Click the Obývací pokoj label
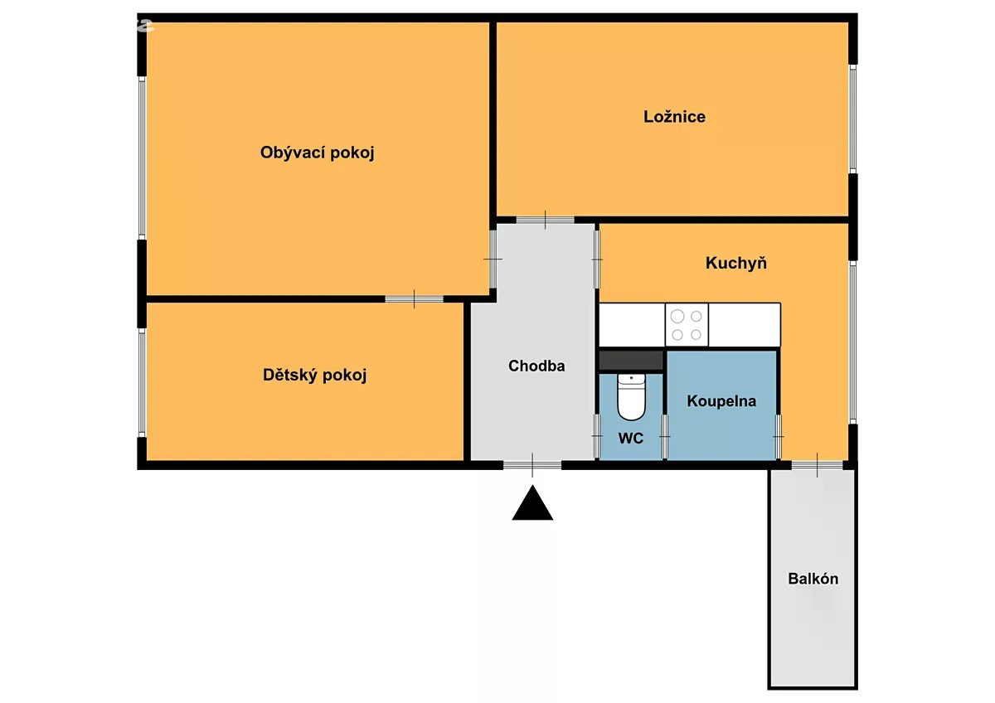tap(317, 153)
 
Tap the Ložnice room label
tap(674, 117)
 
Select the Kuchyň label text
tap(736, 263)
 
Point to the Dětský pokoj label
tap(314, 376)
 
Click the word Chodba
tap(536, 366)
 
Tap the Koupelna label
tap(721, 401)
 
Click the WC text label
tap(631, 439)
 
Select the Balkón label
tap(813, 579)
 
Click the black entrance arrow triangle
tap(532, 504)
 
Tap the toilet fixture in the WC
tap(631, 396)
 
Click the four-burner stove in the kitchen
tap(687, 325)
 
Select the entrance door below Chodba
tap(532, 465)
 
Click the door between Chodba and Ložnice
tap(545, 220)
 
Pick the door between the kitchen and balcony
tap(817, 465)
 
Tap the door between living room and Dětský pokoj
tap(414, 299)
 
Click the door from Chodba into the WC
tap(597, 436)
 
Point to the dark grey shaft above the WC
tap(631, 360)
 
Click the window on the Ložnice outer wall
tap(853, 119)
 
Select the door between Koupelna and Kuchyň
tap(779, 437)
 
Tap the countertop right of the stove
tap(745, 325)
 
